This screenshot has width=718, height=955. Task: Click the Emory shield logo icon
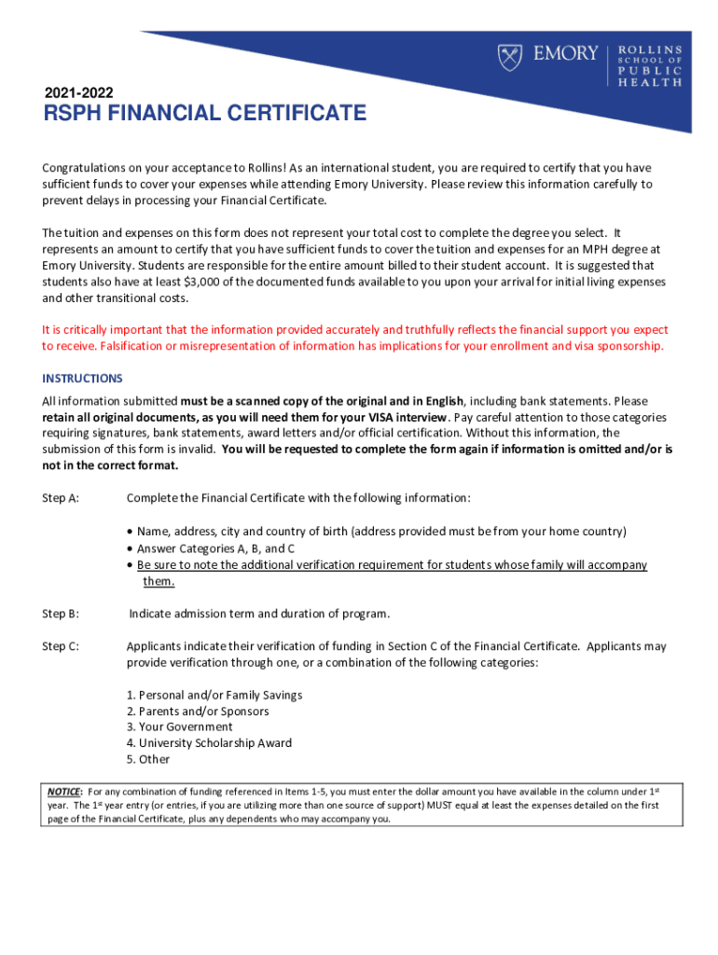tap(510, 57)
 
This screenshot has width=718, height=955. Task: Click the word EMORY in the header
tap(565, 54)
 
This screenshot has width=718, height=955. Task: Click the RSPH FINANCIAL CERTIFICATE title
tap(204, 115)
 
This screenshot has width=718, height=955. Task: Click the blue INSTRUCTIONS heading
tap(82, 379)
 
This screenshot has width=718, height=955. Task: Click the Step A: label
tap(61, 498)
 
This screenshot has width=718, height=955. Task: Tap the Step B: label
tap(61, 614)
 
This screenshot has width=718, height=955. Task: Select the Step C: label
tap(61, 646)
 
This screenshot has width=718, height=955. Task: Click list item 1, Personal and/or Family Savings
tap(214, 695)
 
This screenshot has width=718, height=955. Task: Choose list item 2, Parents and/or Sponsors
tap(198, 711)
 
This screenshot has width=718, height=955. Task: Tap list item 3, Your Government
tap(180, 727)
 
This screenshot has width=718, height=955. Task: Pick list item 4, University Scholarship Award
tap(209, 743)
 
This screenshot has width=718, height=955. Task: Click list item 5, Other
tap(148, 759)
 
